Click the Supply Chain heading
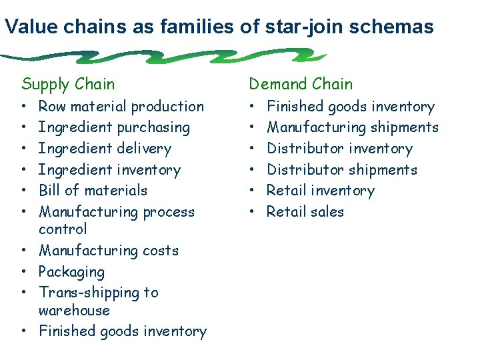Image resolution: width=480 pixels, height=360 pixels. click(x=68, y=84)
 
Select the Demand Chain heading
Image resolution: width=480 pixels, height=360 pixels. click(x=301, y=84)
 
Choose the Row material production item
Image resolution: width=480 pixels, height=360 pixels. click(x=121, y=106)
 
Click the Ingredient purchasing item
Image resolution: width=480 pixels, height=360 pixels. click(x=114, y=127)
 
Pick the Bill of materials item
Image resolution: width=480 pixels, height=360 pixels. click(x=93, y=190)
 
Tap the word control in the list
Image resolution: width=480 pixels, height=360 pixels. click(x=63, y=229)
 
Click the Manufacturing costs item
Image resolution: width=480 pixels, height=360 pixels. click(x=109, y=251)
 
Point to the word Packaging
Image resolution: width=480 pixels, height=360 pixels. click(x=71, y=272)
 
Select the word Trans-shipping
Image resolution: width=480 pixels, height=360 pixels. click(x=99, y=293)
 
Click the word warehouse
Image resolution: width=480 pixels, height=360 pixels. click(x=74, y=310)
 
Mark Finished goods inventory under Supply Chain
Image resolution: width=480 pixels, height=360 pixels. click(x=123, y=331)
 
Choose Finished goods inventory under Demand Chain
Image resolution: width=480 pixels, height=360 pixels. click(x=350, y=106)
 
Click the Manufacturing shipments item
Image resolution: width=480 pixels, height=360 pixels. click(x=352, y=127)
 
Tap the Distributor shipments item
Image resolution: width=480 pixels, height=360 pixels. click(x=341, y=169)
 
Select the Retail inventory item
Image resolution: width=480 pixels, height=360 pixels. click(x=320, y=190)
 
